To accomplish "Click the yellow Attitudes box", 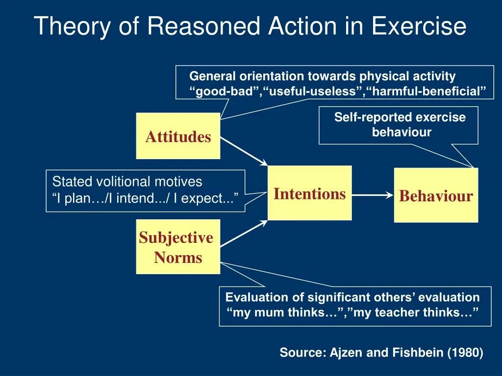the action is click(x=178, y=136).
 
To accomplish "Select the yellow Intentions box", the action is click(x=309, y=193).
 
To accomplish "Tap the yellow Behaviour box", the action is click(x=436, y=196).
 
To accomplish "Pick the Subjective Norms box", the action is click(x=178, y=247).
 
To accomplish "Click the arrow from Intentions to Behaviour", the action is click(x=373, y=195).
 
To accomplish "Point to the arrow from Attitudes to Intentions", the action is click(x=243, y=151).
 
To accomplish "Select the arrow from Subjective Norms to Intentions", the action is click(x=243, y=233).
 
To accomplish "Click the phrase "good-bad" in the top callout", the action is click(x=225, y=92).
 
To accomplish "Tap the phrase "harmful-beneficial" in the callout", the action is click(x=426, y=92).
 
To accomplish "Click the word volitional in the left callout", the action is click(x=125, y=182).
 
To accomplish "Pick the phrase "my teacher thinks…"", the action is click(x=415, y=312).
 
